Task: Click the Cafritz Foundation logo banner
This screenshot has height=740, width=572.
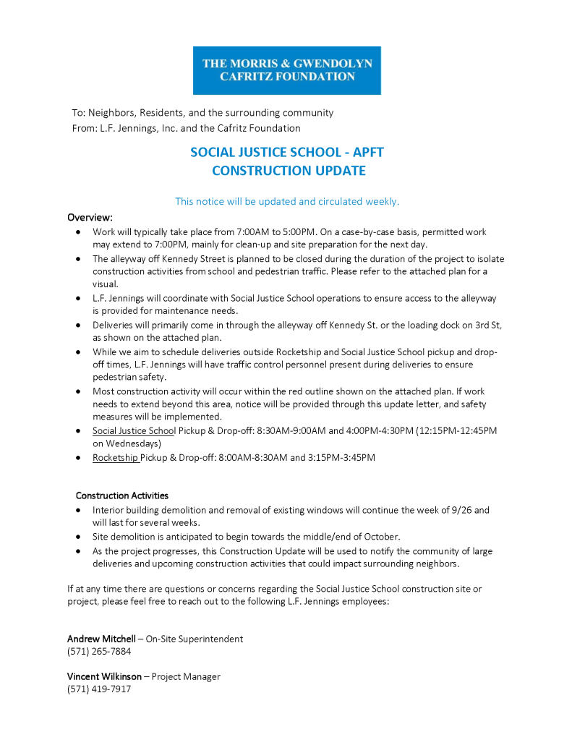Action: point(286,70)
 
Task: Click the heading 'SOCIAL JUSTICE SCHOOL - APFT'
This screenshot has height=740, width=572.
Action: point(286,153)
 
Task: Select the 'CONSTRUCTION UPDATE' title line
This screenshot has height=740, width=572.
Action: point(288,171)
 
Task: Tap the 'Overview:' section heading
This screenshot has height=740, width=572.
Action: point(90,217)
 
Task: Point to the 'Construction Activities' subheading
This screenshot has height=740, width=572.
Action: point(122,496)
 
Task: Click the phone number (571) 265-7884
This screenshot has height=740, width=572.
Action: point(99,651)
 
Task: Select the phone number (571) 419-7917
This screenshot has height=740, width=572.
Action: point(99,689)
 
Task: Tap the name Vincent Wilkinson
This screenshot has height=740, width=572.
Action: point(104,676)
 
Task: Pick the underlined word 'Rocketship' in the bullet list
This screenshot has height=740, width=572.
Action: point(115,457)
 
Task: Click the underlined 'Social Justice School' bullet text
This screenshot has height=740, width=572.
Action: point(134,430)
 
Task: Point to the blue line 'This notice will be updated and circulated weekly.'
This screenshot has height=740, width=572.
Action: point(287,201)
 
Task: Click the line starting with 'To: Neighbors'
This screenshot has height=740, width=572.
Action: point(202,113)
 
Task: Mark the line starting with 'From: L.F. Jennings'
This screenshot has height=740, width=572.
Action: point(186,128)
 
